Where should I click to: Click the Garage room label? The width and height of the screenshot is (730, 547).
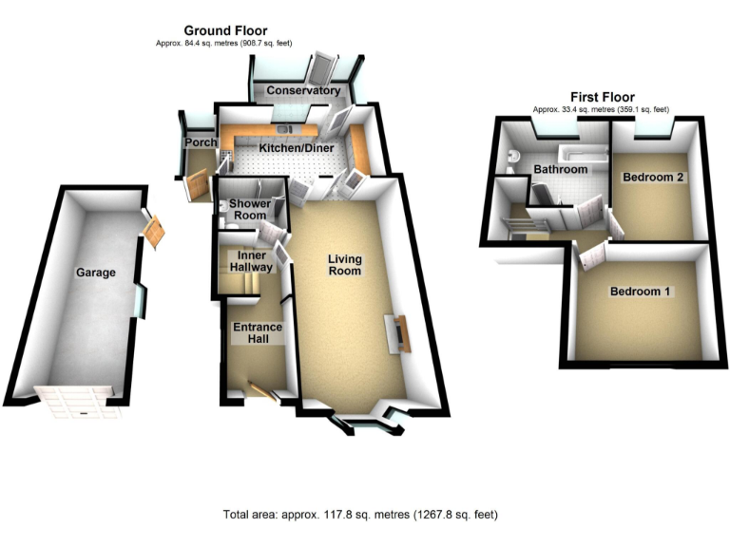click(96, 273)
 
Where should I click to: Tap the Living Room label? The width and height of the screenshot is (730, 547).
click(345, 264)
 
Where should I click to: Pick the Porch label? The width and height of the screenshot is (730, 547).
click(200, 142)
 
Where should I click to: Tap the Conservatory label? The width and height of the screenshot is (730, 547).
click(303, 91)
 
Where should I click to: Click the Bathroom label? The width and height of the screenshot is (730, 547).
click(559, 170)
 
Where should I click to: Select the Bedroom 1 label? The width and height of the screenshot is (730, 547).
click(641, 291)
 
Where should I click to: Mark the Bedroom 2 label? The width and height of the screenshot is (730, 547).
click(654, 177)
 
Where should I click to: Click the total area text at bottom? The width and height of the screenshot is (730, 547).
click(360, 515)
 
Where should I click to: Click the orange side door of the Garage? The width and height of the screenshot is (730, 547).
click(153, 228)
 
